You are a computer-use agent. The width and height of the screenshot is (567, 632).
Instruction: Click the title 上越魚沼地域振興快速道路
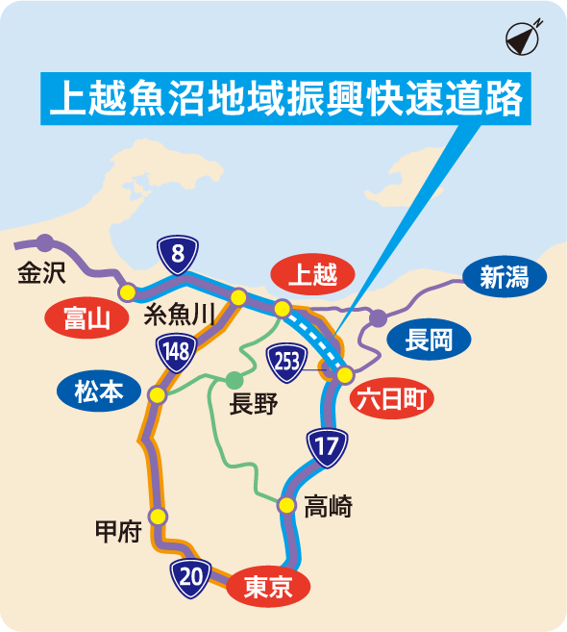click(285, 98)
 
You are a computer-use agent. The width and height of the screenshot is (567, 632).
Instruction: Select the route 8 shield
click(178, 255)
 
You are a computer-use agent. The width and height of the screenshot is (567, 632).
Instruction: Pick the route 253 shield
click(286, 361)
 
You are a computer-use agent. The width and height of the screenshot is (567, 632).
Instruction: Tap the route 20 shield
click(191, 576)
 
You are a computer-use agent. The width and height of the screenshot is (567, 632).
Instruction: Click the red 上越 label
click(312, 275)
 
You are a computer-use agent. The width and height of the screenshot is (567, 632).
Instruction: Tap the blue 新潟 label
click(505, 279)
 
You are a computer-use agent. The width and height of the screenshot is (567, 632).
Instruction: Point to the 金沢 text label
click(41, 273)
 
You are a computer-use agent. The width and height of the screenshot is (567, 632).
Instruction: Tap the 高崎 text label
click(328, 505)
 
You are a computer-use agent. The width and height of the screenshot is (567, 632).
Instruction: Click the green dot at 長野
click(234, 379)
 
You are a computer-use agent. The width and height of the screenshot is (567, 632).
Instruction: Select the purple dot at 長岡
click(379, 317)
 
